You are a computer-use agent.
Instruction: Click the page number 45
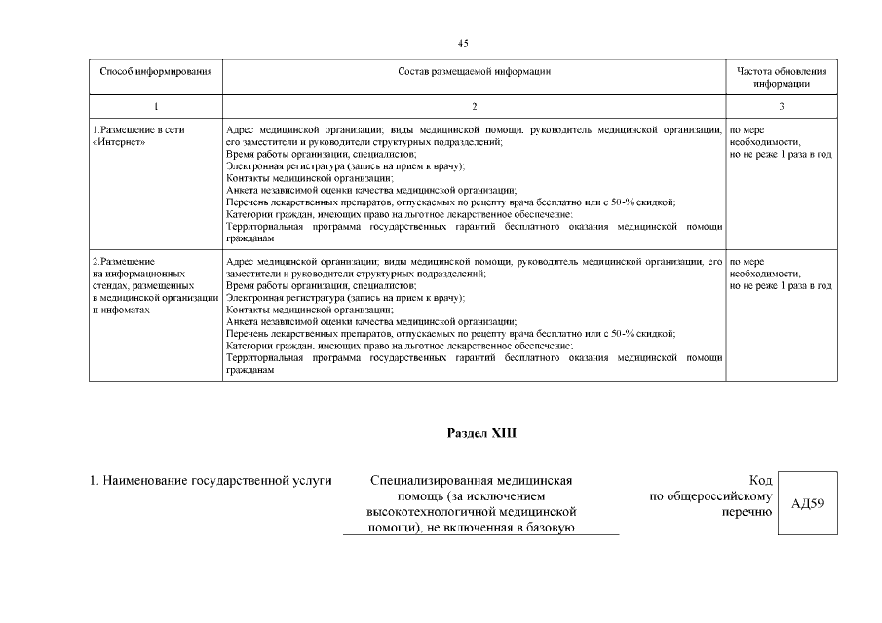coord(463,43)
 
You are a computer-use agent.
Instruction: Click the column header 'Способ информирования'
coord(155,72)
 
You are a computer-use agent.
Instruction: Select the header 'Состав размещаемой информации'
coord(474,72)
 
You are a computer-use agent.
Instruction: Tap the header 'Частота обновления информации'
coord(782,78)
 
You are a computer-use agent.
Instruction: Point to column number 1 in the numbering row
coord(156,106)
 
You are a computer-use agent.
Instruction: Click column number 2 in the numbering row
coord(474,106)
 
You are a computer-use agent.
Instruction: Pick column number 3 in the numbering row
coord(782,106)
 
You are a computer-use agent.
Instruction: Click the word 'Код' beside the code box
coord(761,480)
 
